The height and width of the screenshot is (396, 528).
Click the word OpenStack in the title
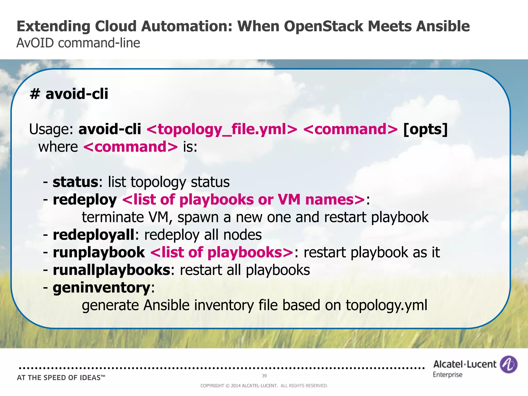pos(324,26)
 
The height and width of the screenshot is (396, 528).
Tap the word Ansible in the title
pos(443,26)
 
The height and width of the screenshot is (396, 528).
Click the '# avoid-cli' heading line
pos(69,94)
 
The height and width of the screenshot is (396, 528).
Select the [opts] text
pos(425,129)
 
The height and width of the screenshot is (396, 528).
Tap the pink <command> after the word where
pos(130,147)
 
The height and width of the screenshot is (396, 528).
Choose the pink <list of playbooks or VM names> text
pos(244,200)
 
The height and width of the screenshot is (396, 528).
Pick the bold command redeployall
pos(93,235)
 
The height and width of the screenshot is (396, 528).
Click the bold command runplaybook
pos(99,252)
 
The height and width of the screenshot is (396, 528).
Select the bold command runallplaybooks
pos(111,270)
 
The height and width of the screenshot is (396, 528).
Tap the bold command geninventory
pos(101,288)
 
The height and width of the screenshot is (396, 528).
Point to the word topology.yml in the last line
pos(386,305)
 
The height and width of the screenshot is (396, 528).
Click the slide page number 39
pos(264,376)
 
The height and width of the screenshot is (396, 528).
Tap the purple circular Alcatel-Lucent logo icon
pos(508,364)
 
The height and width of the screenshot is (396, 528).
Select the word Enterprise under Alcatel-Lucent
pos(448,375)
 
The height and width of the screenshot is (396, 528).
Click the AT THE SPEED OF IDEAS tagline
pos(61,378)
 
